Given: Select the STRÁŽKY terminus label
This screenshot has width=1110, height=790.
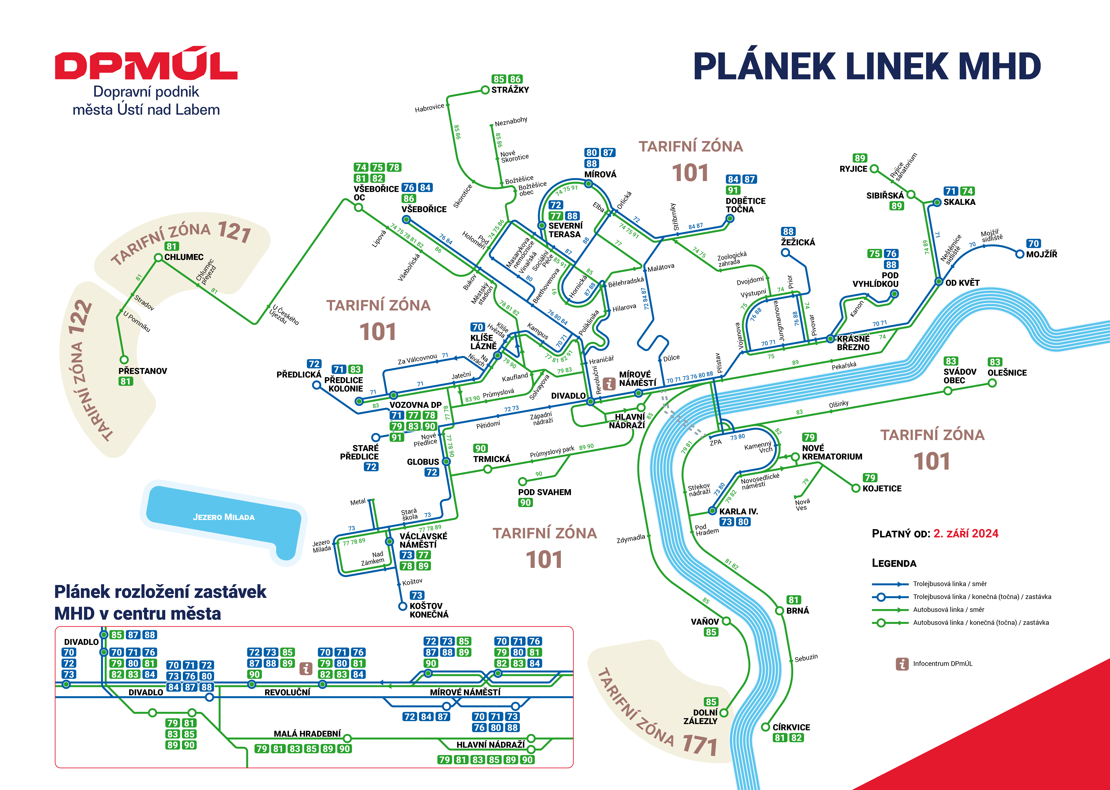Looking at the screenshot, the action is [x=510, y=90].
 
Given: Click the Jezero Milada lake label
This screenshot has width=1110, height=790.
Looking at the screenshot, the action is [x=224, y=517].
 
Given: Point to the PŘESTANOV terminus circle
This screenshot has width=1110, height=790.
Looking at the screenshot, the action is [x=124, y=360].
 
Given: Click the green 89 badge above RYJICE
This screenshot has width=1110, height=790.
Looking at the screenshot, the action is [x=860, y=158].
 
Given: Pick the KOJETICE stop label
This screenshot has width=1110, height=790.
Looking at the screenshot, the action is [x=882, y=488].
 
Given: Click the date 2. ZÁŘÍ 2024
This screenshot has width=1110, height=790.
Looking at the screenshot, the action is [x=966, y=534].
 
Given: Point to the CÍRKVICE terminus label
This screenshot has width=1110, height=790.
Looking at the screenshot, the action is [x=791, y=727].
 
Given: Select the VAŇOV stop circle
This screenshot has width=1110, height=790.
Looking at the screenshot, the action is [x=726, y=621].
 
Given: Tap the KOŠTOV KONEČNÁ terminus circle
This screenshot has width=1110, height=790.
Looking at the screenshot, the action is [x=403, y=606].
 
